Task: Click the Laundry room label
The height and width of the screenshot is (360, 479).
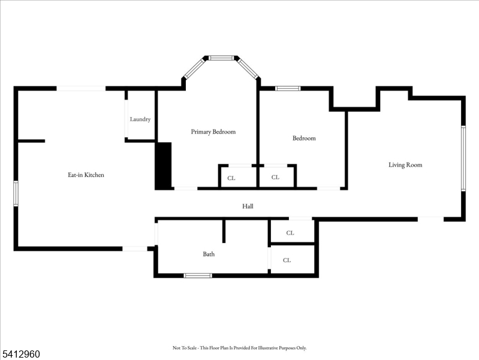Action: click(x=140, y=119)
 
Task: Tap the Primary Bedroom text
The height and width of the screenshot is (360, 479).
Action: click(x=213, y=132)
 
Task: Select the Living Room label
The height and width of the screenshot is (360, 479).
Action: click(x=405, y=165)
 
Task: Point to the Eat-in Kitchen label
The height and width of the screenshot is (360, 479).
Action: click(x=86, y=175)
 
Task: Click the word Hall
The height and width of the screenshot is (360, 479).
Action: click(x=248, y=206)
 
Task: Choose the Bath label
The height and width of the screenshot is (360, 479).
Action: click(x=209, y=254)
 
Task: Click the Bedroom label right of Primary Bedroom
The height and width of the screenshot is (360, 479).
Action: click(x=304, y=139)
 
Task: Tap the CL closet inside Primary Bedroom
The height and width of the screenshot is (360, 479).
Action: click(x=231, y=178)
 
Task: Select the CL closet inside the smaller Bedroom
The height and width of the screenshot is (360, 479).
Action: click(x=275, y=178)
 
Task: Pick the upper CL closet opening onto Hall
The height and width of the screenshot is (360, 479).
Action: click(x=290, y=233)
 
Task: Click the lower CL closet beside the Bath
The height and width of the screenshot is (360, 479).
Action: click(x=287, y=260)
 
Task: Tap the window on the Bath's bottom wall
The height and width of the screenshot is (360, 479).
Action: click(x=198, y=275)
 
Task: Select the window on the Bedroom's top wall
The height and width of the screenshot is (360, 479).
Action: click(x=288, y=89)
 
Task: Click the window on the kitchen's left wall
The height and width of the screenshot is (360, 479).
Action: click(x=16, y=194)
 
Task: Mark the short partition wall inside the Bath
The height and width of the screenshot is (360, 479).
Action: click(x=224, y=231)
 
